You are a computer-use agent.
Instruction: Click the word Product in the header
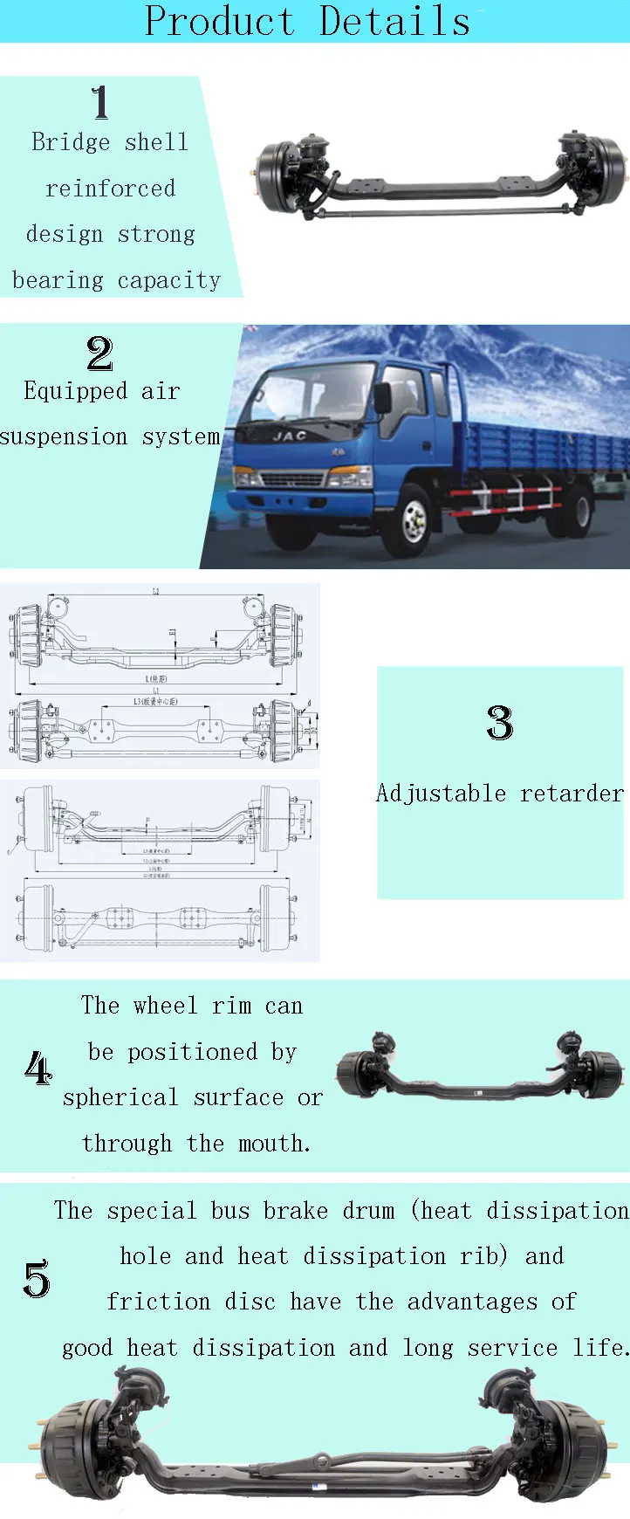point(219,21)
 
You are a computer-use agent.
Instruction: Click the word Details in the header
point(394,21)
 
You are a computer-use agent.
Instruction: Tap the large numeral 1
point(100,102)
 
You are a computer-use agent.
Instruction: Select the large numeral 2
point(99,354)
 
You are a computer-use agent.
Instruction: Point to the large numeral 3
point(499,723)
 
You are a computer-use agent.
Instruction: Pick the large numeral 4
point(38,1068)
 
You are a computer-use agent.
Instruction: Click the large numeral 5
point(37,1279)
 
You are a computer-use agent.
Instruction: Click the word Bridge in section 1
point(71,142)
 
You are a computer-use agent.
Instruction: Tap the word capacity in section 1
point(169,280)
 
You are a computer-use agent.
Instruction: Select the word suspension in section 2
point(64,436)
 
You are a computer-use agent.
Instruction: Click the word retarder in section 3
point(572,794)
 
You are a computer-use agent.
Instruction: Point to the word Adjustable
point(442,794)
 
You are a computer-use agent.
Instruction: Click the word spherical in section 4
point(120,1098)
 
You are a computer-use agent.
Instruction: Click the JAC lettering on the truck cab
point(289,436)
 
